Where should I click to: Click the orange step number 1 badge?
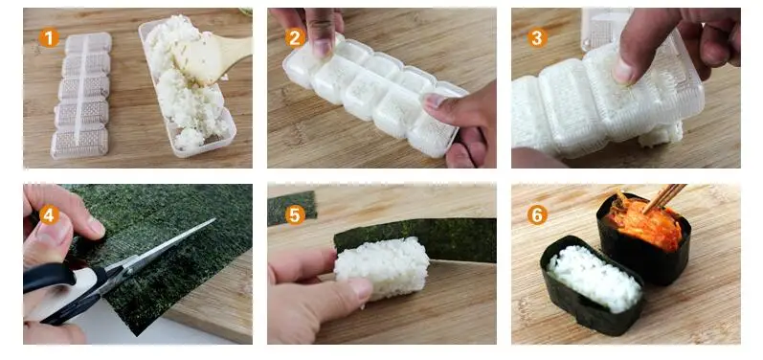49,38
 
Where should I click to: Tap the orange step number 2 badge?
295,38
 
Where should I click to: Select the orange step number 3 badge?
537,38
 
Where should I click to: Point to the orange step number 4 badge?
49,214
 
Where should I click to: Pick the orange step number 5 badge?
295,214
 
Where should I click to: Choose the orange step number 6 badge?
537,214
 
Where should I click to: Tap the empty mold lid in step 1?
81,96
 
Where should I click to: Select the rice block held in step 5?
382,267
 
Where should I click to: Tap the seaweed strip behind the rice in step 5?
418,238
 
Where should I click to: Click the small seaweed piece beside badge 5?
292,208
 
